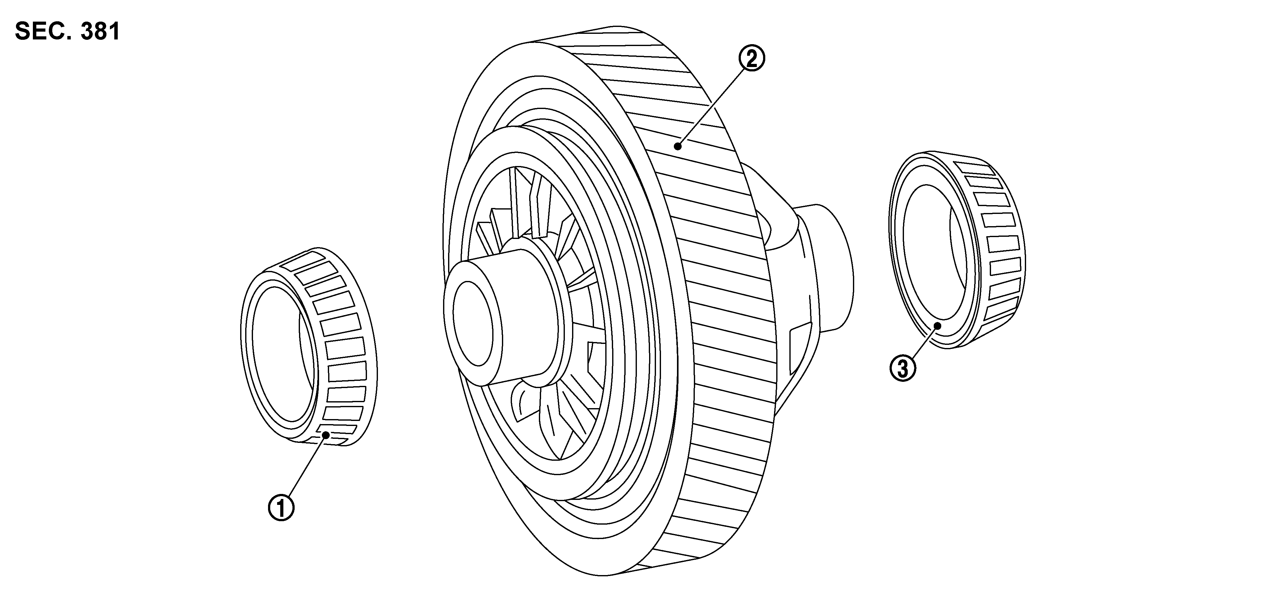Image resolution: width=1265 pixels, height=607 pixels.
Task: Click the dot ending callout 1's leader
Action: [x=325, y=434]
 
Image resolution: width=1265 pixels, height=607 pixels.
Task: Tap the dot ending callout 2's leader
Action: [x=678, y=146]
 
